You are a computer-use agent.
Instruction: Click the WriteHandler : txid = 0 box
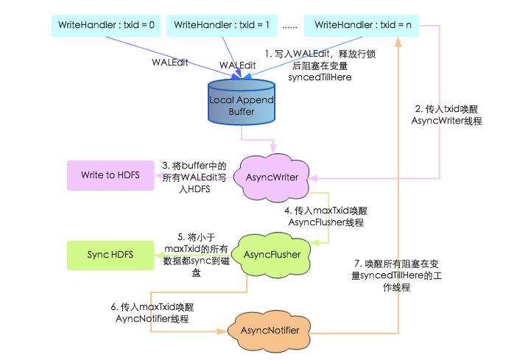106,25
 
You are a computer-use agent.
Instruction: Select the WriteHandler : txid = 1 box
222,25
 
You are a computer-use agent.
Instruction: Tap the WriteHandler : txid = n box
362,25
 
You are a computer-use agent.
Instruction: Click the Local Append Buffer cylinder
242,102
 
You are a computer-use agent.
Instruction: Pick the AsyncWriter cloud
272,177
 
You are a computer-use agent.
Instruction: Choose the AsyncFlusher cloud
271,255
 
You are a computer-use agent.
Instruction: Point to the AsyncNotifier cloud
270,331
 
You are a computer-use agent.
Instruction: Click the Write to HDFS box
110,175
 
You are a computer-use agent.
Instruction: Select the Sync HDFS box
110,255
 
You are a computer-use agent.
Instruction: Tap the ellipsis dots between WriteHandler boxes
290,27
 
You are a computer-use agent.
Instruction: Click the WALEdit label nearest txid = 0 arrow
170,63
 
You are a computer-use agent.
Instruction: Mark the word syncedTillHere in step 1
320,77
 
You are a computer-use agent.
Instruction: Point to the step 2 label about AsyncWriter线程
446,115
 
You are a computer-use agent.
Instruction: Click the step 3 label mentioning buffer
194,177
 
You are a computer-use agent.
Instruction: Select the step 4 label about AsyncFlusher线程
326,216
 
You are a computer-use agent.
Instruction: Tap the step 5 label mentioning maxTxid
197,255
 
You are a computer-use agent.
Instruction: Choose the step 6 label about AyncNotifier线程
152,313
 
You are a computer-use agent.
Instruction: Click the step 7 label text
396,275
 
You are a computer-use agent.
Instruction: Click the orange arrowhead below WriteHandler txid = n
398,42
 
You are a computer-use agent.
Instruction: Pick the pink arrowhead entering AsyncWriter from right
313,178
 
